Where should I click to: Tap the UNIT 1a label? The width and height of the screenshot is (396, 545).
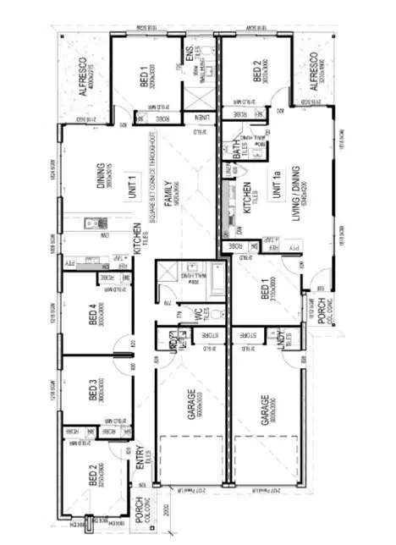point(277,185)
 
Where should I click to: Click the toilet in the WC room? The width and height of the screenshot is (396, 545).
point(217,316)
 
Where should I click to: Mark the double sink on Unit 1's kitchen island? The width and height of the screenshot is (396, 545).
point(95,224)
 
